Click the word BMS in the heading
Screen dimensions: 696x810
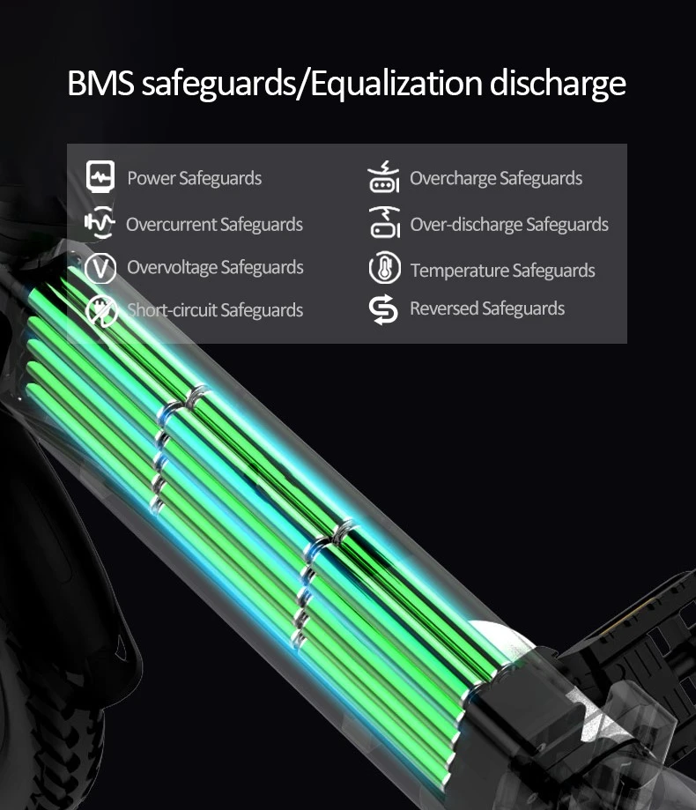point(100,83)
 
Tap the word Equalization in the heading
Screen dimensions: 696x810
point(396,85)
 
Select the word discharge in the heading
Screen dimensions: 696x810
point(558,85)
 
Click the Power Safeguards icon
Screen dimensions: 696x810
point(100,176)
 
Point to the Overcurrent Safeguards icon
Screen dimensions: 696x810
point(100,222)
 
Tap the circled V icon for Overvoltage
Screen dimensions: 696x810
point(100,268)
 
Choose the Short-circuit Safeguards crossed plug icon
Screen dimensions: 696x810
point(101,311)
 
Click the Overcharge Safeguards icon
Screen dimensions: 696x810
point(383,176)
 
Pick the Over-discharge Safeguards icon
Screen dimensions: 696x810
point(385,222)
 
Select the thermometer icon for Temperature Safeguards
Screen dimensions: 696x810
point(385,268)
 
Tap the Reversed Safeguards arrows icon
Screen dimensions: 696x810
point(383,309)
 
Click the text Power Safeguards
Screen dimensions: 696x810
point(194,178)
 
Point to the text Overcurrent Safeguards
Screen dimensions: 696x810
point(214,225)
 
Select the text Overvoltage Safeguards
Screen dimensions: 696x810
point(215,268)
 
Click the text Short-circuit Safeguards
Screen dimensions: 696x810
point(215,310)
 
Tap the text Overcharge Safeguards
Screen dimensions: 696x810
point(496,178)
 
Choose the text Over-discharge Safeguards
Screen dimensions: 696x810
point(509,225)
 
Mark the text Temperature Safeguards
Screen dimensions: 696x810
point(503,271)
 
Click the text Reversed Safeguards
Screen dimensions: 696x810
point(487,308)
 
